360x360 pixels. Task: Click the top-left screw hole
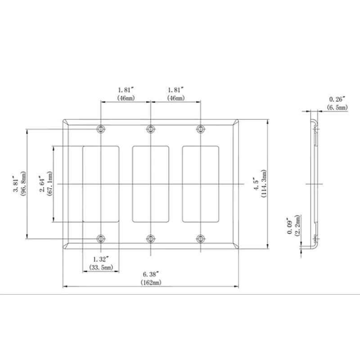tap(101, 129)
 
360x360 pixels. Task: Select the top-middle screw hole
tap(151, 129)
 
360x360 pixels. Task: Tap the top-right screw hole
tap(201, 129)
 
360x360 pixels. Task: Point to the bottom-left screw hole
tap(101, 239)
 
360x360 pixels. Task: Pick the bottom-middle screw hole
tap(151, 239)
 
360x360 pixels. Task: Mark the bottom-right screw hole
tap(201, 239)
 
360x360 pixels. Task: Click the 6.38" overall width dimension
tap(151, 274)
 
